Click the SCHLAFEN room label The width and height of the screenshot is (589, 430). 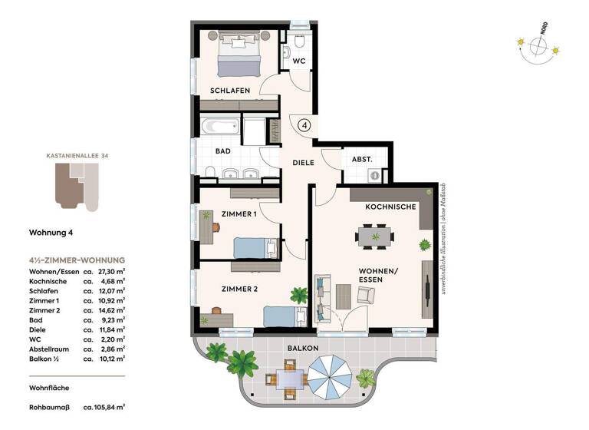tap(230, 91)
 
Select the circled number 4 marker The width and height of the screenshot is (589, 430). tap(304, 125)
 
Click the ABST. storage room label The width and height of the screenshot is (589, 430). tap(362, 159)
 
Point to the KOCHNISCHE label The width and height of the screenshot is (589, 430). tap(390, 207)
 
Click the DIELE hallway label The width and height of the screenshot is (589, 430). tap(303, 163)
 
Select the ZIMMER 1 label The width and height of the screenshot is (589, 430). tap(239, 214)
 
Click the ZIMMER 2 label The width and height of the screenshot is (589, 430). tap(239, 289)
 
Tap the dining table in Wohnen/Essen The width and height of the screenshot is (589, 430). tap(375, 237)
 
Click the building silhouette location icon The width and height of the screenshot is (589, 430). tap(77, 188)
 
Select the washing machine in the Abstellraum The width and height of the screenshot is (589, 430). tap(375, 175)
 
